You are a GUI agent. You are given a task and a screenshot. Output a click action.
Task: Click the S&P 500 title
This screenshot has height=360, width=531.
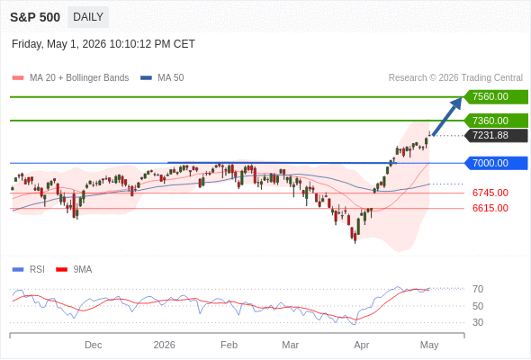click(35, 17)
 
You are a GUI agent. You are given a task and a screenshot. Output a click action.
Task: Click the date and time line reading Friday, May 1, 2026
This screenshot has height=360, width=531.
click(103, 44)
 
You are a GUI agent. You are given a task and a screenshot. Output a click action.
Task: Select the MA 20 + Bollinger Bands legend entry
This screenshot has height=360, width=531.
click(70, 78)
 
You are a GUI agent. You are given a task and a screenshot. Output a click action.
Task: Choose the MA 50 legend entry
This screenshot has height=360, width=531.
click(162, 78)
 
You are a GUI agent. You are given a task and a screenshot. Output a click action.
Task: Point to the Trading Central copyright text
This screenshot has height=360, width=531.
click(455, 78)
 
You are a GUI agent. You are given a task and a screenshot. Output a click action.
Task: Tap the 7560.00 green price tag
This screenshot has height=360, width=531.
click(496, 97)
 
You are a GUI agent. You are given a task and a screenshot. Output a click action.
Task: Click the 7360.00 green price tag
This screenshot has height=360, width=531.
click(496, 121)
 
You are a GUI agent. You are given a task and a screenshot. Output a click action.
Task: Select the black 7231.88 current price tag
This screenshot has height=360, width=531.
click(496, 136)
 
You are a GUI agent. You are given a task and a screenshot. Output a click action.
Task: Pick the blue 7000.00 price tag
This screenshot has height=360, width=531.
click(496, 163)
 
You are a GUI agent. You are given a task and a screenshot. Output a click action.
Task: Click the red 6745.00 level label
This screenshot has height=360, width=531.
click(490, 193)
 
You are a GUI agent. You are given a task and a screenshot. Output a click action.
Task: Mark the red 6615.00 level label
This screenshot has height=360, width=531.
click(490, 208)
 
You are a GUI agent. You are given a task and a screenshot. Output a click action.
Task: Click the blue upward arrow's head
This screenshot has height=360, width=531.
click(457, 103)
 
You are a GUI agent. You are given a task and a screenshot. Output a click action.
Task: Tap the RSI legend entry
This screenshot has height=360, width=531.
click(29, 270)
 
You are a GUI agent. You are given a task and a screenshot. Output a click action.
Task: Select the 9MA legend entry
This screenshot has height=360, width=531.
click(74, 270)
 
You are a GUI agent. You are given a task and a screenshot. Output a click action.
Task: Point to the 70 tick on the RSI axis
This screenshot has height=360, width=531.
click(478, 289)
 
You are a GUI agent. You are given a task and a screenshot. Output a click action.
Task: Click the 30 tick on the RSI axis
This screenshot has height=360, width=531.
click(478, 322)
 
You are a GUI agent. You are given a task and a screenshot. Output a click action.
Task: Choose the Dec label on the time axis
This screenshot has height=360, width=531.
click(93, 345)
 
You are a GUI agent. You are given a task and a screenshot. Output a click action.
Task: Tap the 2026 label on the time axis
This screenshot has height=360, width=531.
click(164, 345)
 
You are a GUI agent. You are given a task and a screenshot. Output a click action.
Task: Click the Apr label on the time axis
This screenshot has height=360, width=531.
click(361, 345)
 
